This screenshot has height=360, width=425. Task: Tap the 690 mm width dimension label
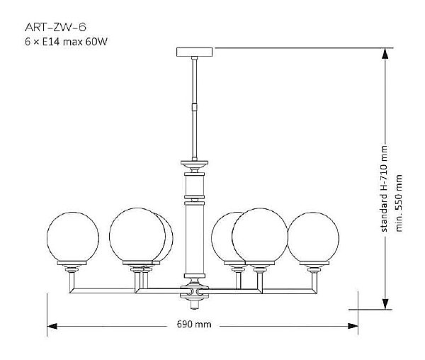(x=194, y=325)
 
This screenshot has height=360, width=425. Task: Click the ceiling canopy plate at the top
(x=193, y=52)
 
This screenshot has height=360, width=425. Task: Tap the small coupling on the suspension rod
(x=193, y=108)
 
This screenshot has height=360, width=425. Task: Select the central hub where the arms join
(x=193, y=291)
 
